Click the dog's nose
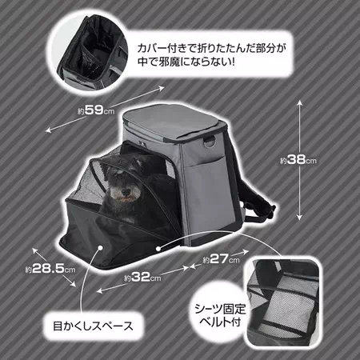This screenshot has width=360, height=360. point(126,191)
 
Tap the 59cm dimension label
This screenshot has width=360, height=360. point(96,110)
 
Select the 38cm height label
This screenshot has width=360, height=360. point(298,160)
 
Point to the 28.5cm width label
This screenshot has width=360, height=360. point(50,269)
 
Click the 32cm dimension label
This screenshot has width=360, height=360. point(142,278)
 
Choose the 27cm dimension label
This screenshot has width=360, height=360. point(221,258)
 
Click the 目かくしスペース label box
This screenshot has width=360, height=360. point(93,326)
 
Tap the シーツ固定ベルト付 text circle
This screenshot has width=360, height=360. point(220,315)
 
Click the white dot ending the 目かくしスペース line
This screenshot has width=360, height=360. point(100,248)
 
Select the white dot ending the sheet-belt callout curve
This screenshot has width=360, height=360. point(158,249)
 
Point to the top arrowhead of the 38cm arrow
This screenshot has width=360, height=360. point(300,103)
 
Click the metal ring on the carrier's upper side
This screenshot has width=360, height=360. point(210,142)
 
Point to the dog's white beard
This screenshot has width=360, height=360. point(125,198)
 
